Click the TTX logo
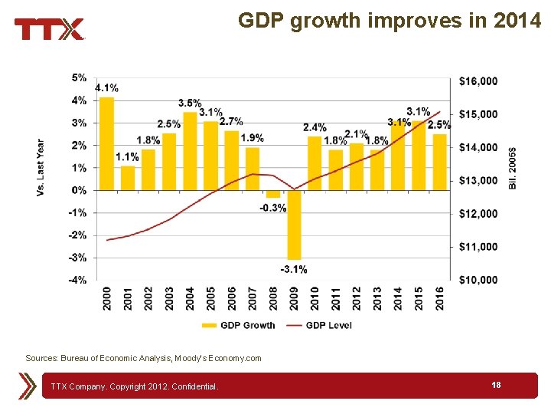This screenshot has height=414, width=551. [x=49, y=30]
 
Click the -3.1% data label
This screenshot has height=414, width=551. [x=294, y=269]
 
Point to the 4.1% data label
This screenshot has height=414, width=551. [x=106, y=87]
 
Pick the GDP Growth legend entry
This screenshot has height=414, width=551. [x=239, y=325]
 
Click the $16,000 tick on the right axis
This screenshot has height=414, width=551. [x=478, y=80]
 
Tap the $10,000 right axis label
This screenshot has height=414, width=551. [x=478, y=280]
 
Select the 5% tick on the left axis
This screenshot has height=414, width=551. [x=80, y=77]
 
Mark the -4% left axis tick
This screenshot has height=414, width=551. [x=78, y=280]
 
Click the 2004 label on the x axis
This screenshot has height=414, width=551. [x=190, y=299]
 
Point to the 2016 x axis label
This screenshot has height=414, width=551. [x=439, y=299]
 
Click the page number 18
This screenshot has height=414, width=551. [x=497, y=385]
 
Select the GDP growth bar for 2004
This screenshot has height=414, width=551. [x=190, y=151]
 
